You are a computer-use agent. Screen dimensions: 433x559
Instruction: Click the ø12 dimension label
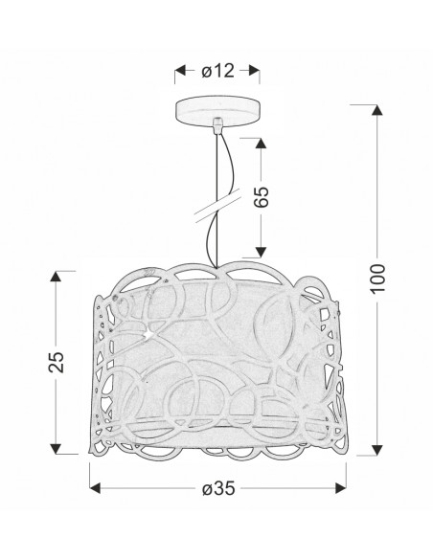tap(217, 71)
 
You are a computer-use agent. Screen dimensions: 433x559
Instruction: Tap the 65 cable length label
tap(261, 196)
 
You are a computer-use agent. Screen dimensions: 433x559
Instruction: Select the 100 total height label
tap(377, 279)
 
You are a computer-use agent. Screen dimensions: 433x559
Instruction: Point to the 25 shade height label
tap(56, 362)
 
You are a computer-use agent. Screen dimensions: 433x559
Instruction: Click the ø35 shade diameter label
tap(218, 488)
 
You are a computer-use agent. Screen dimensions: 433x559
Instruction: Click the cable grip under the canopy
tap(217, 125)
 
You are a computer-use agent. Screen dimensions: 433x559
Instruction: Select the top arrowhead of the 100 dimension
tap(377, 110)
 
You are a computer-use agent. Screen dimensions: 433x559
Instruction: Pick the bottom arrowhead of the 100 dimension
tap(377, 450)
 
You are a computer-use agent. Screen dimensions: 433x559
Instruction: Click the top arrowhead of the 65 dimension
tap(261, 144)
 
